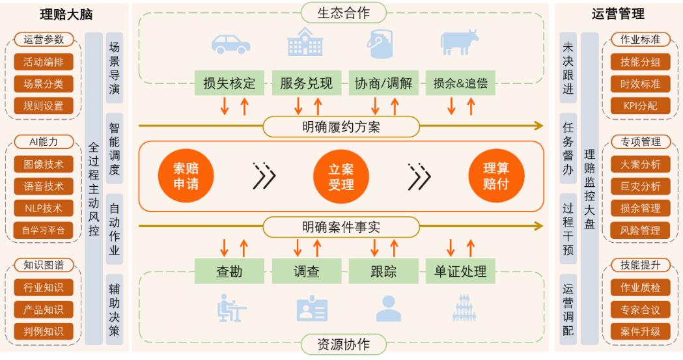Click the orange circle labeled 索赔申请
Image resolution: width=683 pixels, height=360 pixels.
[x=186, y=176]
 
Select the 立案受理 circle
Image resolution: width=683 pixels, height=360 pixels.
[x=341, y=176]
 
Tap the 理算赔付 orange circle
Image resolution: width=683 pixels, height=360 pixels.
[x=496, y=176]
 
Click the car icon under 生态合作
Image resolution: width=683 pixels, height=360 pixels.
[x=231, y=44]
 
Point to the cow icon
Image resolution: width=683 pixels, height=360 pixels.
[x=459, y=44]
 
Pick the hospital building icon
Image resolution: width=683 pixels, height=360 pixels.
[x=305, y=42]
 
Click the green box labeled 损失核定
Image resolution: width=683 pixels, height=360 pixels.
[x=229, y=83]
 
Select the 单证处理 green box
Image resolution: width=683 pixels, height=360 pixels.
[x=460, y=271]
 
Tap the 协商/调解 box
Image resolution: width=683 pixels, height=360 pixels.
[x=383, y=83]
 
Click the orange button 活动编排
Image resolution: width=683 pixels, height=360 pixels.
[x=44, y=62]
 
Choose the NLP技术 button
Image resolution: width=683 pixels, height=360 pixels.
[x=44, y=208]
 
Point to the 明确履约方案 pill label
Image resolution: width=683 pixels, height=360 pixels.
[x=341, y=126]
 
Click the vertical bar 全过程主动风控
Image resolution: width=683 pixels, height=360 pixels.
[x=94, y=189]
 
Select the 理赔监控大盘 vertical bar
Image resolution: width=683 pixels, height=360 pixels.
[x=589, y=189]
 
